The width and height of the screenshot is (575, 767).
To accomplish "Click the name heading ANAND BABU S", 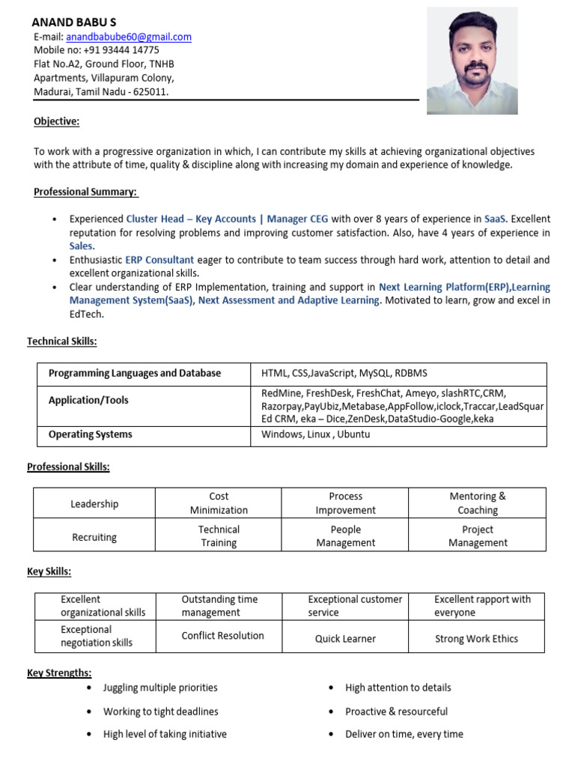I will click(x=74, y=22).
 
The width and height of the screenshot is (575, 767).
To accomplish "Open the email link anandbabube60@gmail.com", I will click(x=129, y=37).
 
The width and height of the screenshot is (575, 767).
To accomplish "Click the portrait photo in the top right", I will click(x=472, y=61).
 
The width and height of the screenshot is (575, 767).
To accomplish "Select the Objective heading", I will click(x=56, y=121).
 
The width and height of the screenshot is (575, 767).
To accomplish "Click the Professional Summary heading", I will click(x=86, y=192).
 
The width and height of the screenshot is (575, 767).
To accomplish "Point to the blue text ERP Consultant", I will click(x=159, y=260).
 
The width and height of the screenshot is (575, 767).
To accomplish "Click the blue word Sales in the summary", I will click(x=82, y=246).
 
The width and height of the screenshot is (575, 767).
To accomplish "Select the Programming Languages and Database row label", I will click(x=135, y=373).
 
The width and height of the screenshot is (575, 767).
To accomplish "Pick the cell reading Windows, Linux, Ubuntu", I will click(x=315, y=434).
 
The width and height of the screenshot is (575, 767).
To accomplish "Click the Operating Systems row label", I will click(x=90, y=434).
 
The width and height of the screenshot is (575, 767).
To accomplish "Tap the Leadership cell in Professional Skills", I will click(x=94, y=504).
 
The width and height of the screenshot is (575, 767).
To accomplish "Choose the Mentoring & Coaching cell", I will click(x=477, y=503).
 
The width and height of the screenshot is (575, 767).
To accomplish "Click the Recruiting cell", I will click(x=94, y=537).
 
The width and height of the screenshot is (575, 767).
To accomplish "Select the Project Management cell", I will click(x=477, y=536).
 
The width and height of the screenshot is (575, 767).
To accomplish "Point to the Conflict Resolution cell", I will click(x=222, y=636).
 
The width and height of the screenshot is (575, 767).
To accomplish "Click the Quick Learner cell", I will click(x=345, y=639).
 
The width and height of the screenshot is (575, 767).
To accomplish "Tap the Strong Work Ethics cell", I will click(x=476, y=639).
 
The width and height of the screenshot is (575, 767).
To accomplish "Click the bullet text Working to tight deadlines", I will click(x=161, y=712).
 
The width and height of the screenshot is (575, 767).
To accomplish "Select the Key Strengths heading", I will click(x=59, y=673).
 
